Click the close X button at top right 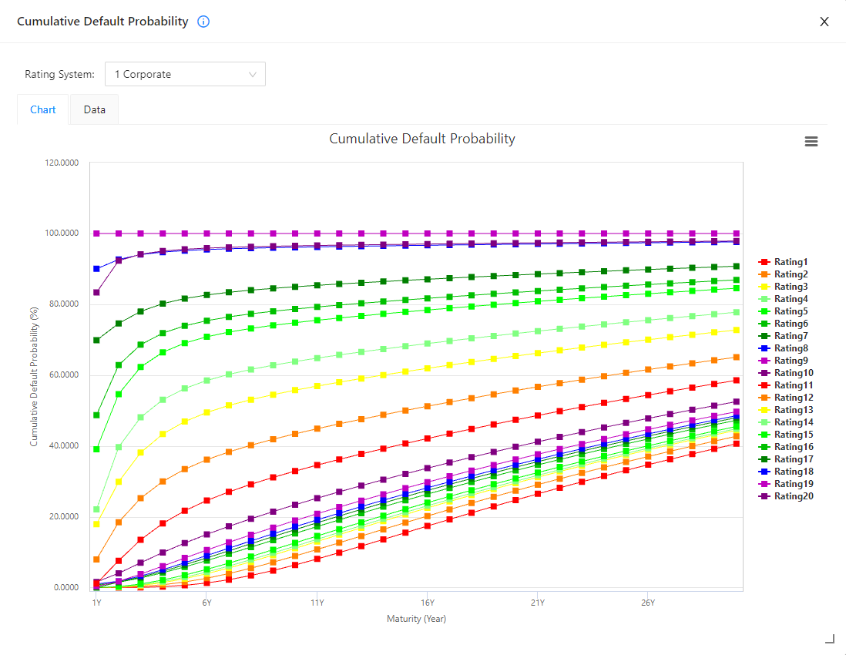pos(824,22)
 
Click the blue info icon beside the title pos(203,22)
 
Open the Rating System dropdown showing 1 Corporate pos(185,74)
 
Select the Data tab pos(95,109)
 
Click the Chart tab pos(43,109)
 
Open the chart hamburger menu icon pos(811,142)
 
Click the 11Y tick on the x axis pos(317,602)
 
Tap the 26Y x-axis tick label pos(647,602)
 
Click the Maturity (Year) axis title pos(416,618)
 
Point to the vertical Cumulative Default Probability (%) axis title pos(34,375)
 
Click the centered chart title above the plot pos(422,139)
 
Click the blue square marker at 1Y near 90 pos(96,269)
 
